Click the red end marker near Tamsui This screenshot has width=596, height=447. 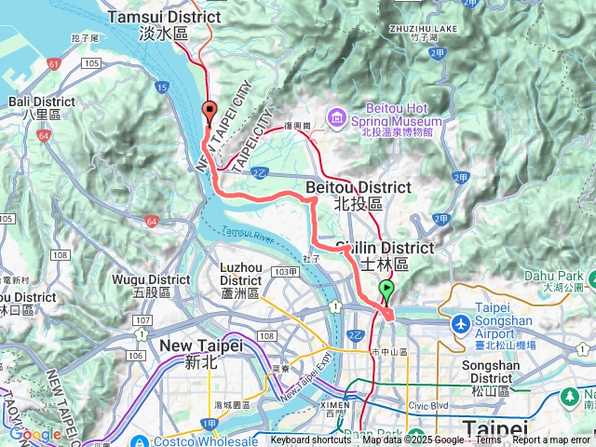[210, 114]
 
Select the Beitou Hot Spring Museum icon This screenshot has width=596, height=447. [334, 117]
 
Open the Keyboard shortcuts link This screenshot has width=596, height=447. [311, 440]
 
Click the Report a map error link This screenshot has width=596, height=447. [550, 440]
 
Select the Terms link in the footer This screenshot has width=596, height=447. [488, 440]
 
